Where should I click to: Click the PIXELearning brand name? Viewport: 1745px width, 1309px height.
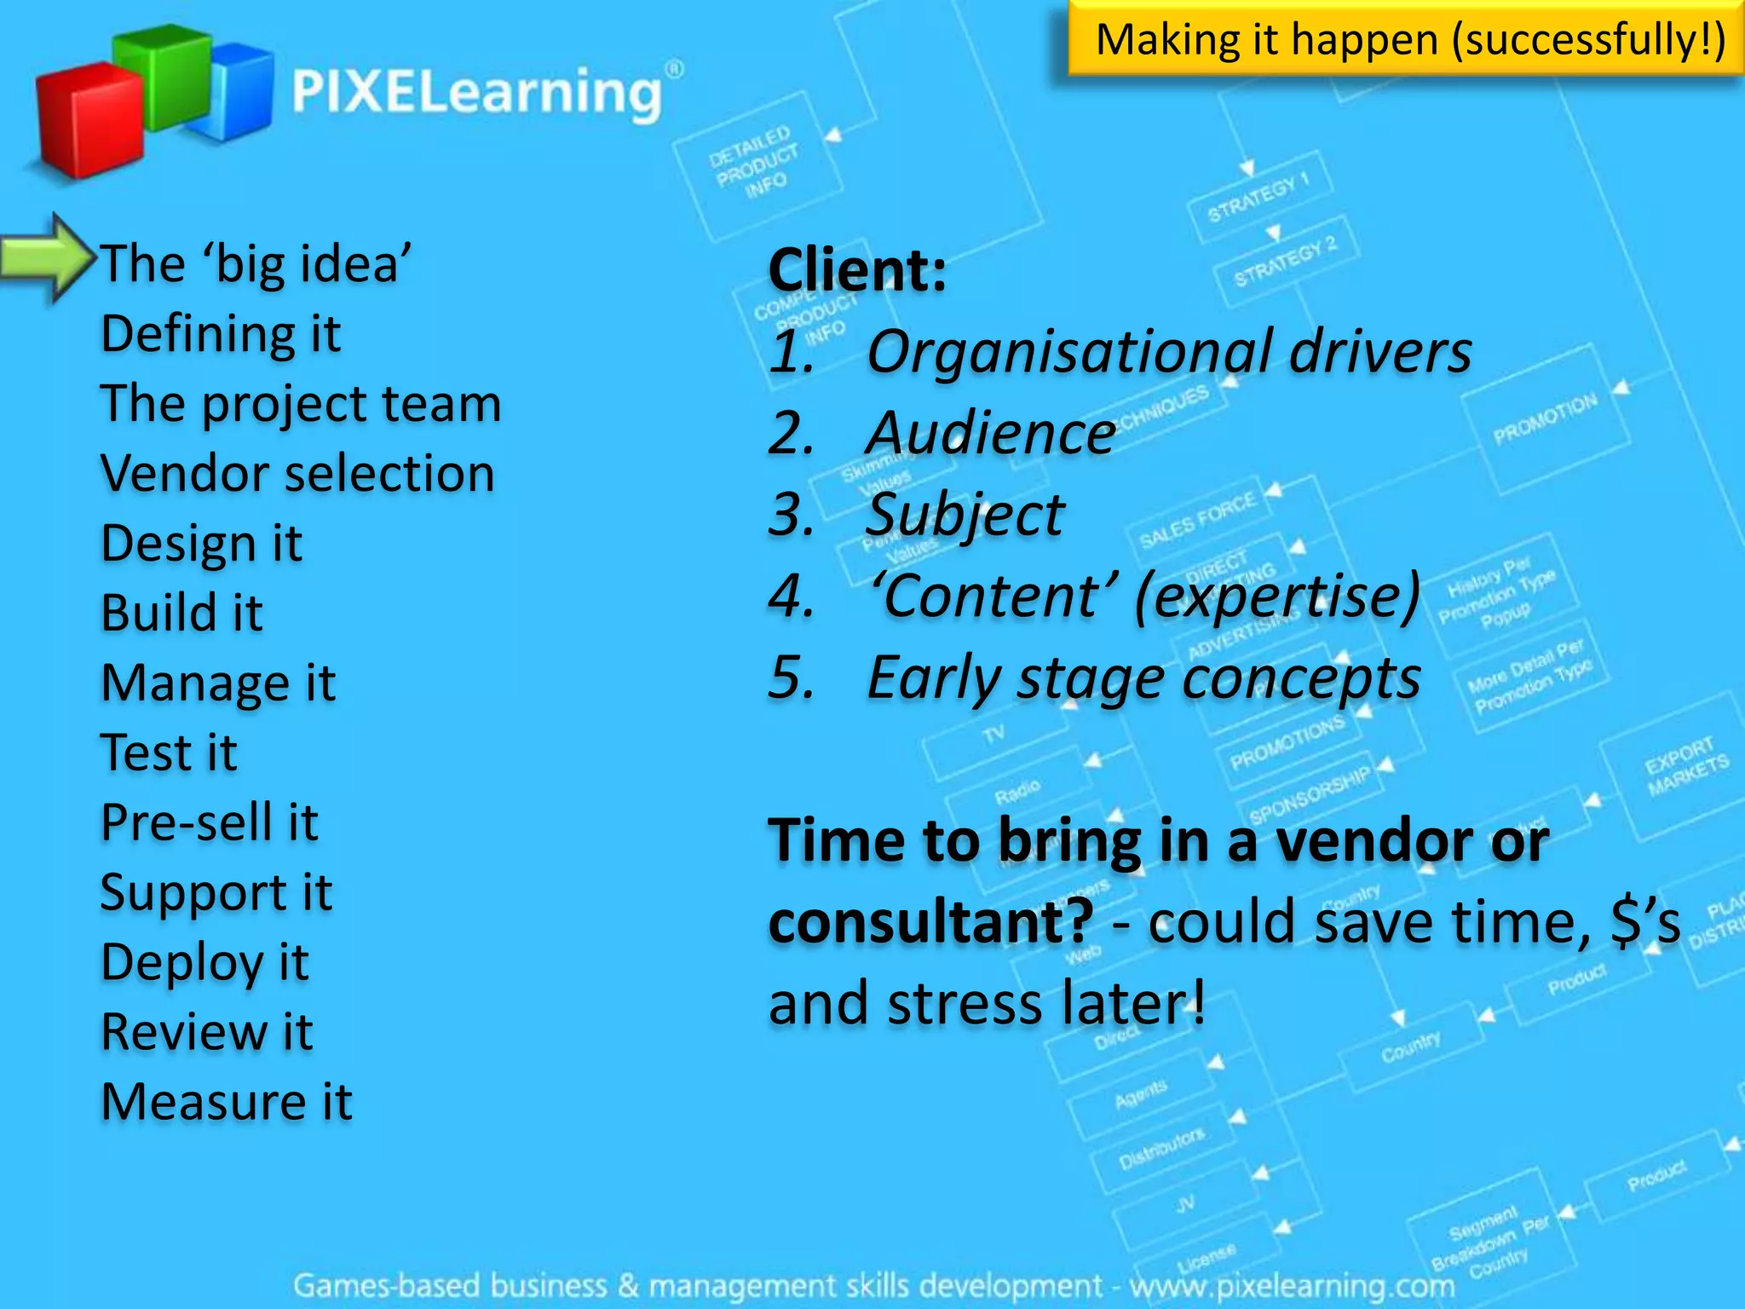pos(477,92)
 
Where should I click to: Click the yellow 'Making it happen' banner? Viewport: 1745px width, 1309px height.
pos(1406,39)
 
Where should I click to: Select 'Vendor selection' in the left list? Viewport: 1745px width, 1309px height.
pos(297,474)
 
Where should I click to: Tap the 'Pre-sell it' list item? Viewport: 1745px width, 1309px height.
pos(210,823)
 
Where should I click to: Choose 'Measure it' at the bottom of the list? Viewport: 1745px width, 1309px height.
pos(227,1102)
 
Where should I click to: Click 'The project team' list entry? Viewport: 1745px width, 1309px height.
pos(301,404)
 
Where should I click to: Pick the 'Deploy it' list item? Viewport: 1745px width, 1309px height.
pos(204,963)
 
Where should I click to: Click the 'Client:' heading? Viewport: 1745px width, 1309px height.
pos(857,270)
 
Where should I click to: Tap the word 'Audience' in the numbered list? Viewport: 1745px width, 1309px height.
pos(991,434)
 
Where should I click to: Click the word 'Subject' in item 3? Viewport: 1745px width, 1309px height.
pos(965,516)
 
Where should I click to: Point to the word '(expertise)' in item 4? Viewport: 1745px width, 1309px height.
pos(1278,597)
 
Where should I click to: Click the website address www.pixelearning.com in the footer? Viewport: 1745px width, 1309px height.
pos(1292,1285)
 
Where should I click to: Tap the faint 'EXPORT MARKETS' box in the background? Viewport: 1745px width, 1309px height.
pos(1685,767)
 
